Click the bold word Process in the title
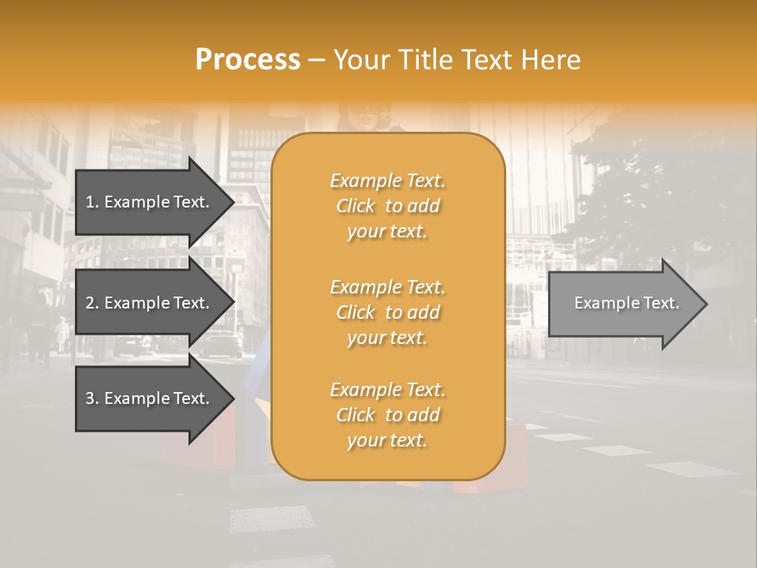[248, 60]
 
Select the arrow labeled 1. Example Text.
[150, 202]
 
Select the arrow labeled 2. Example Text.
[150, 303]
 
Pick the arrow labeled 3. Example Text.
[150, 398]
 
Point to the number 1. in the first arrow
[92, 202]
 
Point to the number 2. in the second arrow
[92, 303]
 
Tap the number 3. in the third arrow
[92, 398]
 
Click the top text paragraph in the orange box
[388, 206]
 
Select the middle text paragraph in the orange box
[388, 312]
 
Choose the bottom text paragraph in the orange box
[388, 415]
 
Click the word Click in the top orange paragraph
[356, 206]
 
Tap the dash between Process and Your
[317, 60]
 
